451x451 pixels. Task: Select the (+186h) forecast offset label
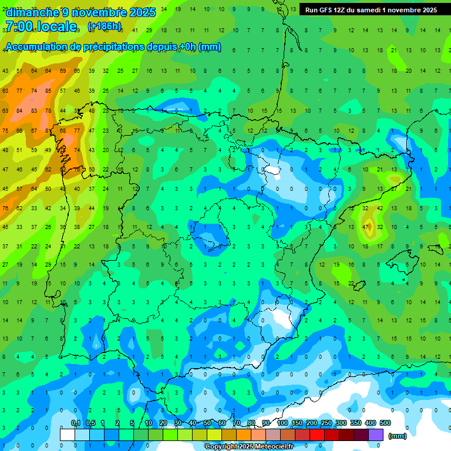point(105,26)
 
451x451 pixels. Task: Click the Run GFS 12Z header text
point(326,10)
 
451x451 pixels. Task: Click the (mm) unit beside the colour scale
point(398,436)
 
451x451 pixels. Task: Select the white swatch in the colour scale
point(68,435)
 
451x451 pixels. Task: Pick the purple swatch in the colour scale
point(376,435)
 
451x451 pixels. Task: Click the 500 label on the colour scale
point(385,423)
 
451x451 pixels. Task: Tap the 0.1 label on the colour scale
point(76,423)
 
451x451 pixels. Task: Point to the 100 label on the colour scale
point(282,423)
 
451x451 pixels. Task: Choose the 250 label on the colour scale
point(327,423)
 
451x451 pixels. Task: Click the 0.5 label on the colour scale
point(90,423)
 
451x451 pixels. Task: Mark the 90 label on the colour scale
point(266,423)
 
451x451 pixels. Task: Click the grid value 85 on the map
point(48,91)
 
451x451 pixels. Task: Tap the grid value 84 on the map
point(20,110)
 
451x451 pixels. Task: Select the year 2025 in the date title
point(143,12)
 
